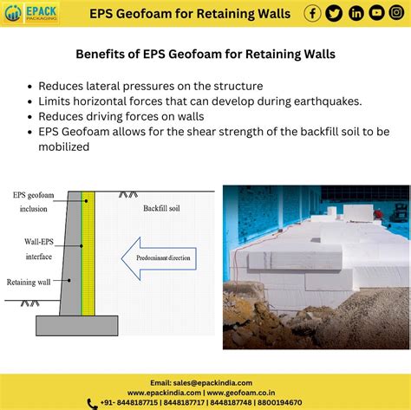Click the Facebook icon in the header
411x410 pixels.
pos(312,13)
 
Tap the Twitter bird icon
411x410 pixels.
pos(334,13)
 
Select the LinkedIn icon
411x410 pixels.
pos(356,13)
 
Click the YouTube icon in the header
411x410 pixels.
pos(376,13)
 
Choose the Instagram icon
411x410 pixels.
pos(396,13)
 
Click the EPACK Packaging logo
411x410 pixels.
pos(30,13)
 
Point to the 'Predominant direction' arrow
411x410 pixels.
pos(159,258)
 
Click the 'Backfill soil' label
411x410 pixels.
pos(161,208)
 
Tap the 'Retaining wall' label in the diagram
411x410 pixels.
pos(29,282)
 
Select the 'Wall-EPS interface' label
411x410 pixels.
pos(39,249)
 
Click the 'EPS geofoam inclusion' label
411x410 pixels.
pos(34,202)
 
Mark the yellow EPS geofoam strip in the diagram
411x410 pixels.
pos(88,253)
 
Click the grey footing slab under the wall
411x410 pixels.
pos(77,326)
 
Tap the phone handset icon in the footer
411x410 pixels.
pos(92,404)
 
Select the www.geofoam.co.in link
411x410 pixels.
pos(241,393)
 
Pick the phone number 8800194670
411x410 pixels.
pos(279,402)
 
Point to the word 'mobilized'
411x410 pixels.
pos(64,146)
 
